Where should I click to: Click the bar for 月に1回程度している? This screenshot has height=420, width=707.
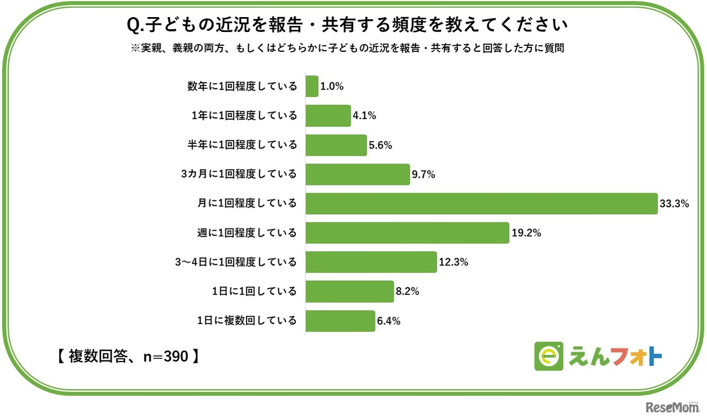481,204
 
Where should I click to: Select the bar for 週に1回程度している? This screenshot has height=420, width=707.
407,233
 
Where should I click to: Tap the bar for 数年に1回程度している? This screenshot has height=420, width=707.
312,87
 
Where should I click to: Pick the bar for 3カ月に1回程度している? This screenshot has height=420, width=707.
357,174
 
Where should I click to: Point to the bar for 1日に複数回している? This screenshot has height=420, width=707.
340,321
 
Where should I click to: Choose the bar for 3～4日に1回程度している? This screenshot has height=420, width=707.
371,262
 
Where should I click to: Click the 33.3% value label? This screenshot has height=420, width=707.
674,204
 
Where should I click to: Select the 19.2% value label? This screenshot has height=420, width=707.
526,233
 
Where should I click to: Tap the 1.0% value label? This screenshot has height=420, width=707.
333,87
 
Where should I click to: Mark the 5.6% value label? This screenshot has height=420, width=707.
381,145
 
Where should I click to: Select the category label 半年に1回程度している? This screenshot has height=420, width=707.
242,145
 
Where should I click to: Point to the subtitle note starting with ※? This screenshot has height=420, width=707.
347,49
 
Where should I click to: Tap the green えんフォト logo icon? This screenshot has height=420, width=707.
548,357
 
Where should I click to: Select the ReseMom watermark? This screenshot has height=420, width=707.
672,407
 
